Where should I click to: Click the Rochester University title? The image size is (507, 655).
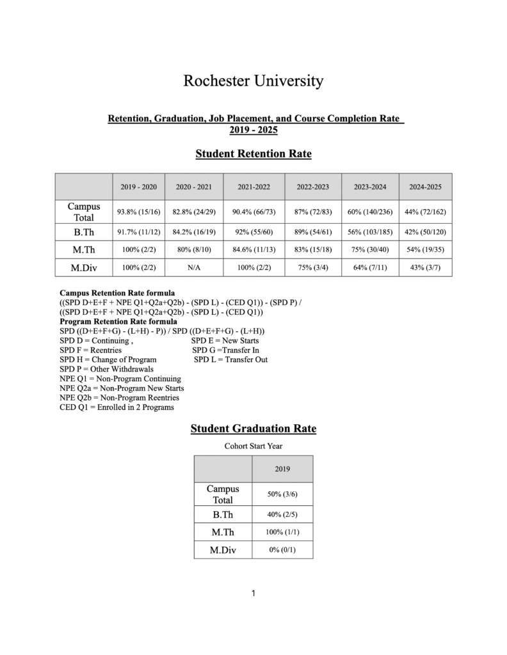[253, 81]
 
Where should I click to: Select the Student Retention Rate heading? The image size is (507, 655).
[253, 154]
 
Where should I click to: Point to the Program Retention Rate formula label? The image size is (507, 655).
[118, 322]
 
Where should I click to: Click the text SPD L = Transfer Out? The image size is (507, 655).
[230, 359]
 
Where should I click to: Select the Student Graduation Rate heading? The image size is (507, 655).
[253, 429]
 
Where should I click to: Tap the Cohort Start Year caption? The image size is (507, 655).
[253, 446]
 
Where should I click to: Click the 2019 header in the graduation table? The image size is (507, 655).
[282, 469]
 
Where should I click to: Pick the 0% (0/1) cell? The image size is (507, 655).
[282, 549]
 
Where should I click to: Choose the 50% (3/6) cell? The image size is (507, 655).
[282, 494]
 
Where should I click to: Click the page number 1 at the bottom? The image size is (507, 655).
[253, 594]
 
